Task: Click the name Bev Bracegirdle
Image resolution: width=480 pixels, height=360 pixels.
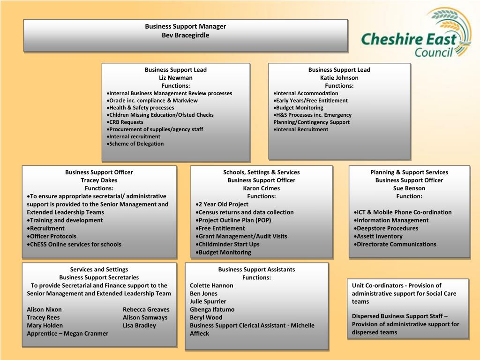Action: tap(186, 35)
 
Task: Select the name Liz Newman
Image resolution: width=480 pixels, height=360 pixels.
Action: tap(176, 78)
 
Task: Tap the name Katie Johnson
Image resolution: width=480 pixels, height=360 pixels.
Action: tap(339, 78)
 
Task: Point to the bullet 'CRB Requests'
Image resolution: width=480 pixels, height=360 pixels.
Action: tap(127, 122)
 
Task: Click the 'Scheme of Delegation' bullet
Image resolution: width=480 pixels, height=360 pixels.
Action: tap(136, 144)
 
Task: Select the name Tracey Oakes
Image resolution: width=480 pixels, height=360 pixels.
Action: tap(99, 180)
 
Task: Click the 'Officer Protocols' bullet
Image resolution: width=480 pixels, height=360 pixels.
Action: tap(52, 236)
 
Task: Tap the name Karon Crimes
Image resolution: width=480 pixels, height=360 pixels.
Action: tap(262, 188)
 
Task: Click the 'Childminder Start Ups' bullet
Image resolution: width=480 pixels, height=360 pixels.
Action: tap(229, 244)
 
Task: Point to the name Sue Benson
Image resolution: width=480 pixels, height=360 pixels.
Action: tap(409, 188)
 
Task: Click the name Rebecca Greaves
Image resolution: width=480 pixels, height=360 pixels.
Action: tap(146, 309)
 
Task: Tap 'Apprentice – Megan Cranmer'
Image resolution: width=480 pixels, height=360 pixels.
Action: tap(67, 333)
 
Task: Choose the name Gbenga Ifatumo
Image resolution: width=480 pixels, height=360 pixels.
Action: tap(212, 309)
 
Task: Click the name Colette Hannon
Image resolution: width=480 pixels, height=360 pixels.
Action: tap(211, 285)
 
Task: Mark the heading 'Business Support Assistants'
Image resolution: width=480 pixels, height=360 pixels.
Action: tap(256, 270)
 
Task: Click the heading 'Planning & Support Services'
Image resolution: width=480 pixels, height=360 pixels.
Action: tap(409, 172)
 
